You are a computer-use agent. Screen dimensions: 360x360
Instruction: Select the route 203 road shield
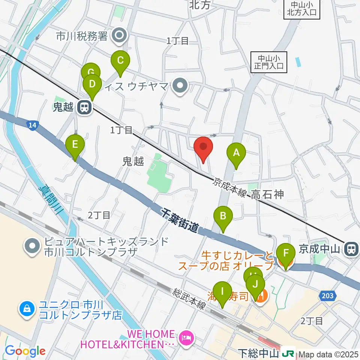(327, 296)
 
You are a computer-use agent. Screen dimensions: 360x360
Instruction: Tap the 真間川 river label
(52, 202)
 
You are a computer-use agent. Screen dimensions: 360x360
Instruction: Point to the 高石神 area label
(268, 194)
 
